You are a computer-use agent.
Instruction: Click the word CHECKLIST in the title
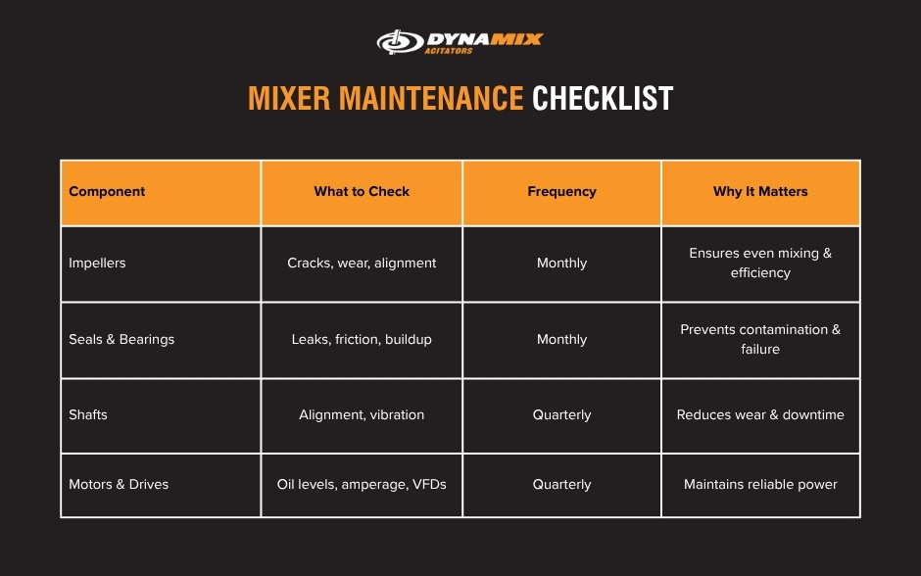[x=603, y=99]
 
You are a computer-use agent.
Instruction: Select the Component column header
[x=107, y=192]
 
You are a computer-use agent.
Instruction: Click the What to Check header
[x=362, y=192]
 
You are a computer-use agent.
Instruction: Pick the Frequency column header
[x=561, y=192]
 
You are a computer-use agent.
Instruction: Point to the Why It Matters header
[x=760, y=192]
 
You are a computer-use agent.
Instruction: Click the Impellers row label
[x=97, y=264]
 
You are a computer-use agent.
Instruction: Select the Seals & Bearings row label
[x=121, y=340]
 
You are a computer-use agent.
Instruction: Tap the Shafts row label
[x=88, y=415]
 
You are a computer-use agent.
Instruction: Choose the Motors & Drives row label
[x=119, y=485]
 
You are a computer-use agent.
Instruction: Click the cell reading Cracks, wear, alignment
[x=362, y=264]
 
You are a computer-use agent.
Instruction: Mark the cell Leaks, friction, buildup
[x=362, y=340]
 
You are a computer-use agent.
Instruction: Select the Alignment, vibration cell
[x=362, y=415]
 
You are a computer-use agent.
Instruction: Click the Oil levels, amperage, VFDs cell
[x=362, y=485]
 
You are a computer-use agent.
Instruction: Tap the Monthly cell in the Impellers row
[x=561, y=264]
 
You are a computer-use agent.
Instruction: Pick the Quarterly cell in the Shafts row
[x=561, y=415]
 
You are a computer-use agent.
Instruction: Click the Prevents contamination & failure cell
[x=760, y=339]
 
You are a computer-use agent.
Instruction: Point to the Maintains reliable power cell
[x=760, y=485]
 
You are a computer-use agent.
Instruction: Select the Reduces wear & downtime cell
[x=760, y=415]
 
